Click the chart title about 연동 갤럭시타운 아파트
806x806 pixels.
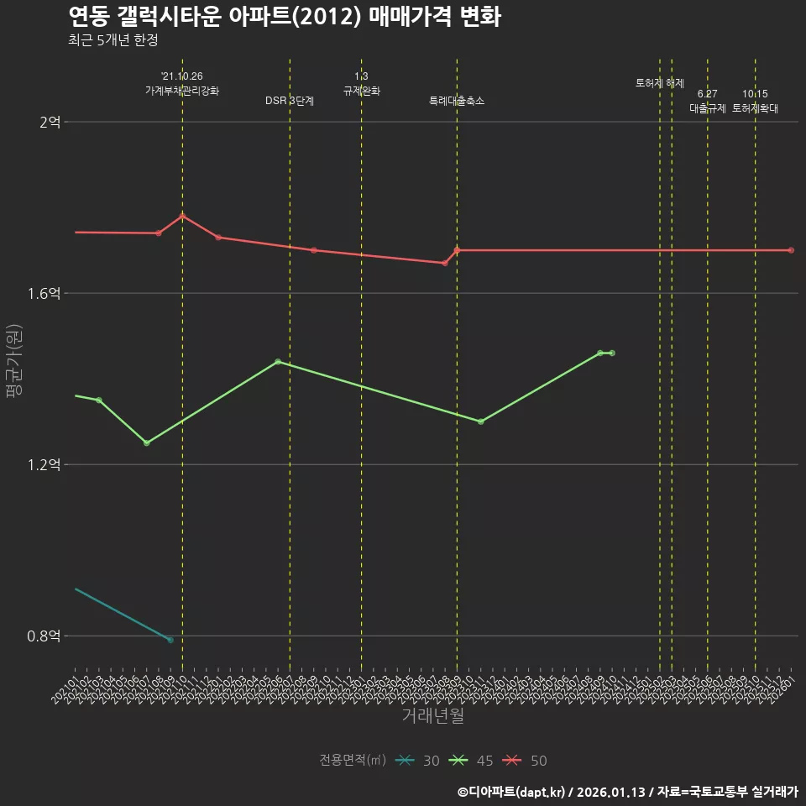click(284, 17)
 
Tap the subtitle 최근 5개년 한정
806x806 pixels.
click(113, 40)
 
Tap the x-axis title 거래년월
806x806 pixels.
click(432, 716)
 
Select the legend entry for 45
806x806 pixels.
click(472, 761)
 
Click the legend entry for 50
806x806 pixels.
click(526, 761)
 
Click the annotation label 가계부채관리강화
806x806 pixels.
click(182, 91)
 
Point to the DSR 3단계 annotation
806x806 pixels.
click(290, 101)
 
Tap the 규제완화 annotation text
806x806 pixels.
click(362, 91)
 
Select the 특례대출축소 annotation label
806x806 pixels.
click(457, 101)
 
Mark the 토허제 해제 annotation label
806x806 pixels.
click(660, 83)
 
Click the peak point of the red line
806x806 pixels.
click(182, 216)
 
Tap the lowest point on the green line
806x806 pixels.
click(147, 443)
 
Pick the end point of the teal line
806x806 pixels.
click(170, 640)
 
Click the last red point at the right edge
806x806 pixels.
click(791, 250)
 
